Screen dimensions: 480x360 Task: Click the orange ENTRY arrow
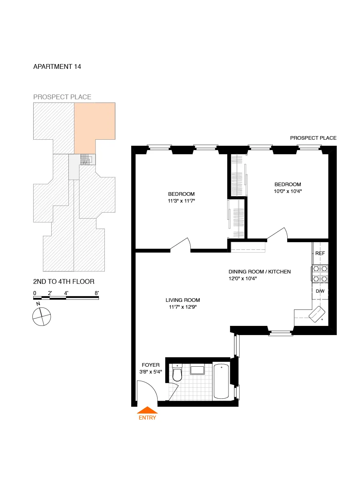click(147, 410)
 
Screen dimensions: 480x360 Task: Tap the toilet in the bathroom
click(177, 374)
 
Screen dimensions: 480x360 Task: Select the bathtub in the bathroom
click(222, 381)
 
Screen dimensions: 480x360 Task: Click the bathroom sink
click(198, 369)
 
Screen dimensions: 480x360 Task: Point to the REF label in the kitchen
click(320, 253)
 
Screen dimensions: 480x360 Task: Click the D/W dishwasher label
click(320, 291)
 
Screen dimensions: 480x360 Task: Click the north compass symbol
click(42, 316)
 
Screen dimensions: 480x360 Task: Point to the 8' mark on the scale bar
click(97, 293)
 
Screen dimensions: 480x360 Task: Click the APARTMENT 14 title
click(57, 67)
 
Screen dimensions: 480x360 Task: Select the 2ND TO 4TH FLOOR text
click(64, 282)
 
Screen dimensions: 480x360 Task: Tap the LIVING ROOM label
click(183, 300)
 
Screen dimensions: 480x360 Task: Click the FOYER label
click(151, 365)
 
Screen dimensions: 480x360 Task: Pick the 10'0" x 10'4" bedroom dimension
click(288, 191)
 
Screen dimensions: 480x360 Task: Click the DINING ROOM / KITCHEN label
click(259, 272)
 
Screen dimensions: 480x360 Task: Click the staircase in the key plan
click(86, 159)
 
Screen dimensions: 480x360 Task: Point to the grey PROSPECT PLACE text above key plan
click(62, 97)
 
